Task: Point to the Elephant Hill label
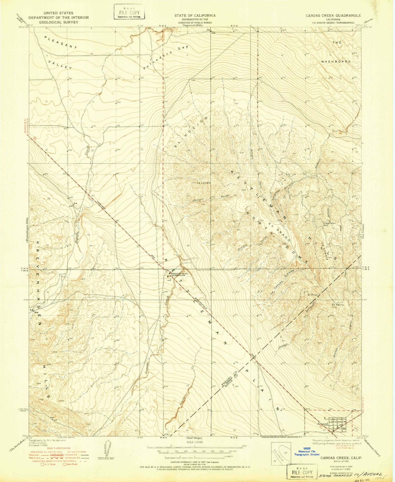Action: tap(329, 224)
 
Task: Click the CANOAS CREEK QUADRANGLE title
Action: tap(333, 16)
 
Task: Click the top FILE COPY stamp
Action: tap(129, 12)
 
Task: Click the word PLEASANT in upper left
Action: tap(61, 43)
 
